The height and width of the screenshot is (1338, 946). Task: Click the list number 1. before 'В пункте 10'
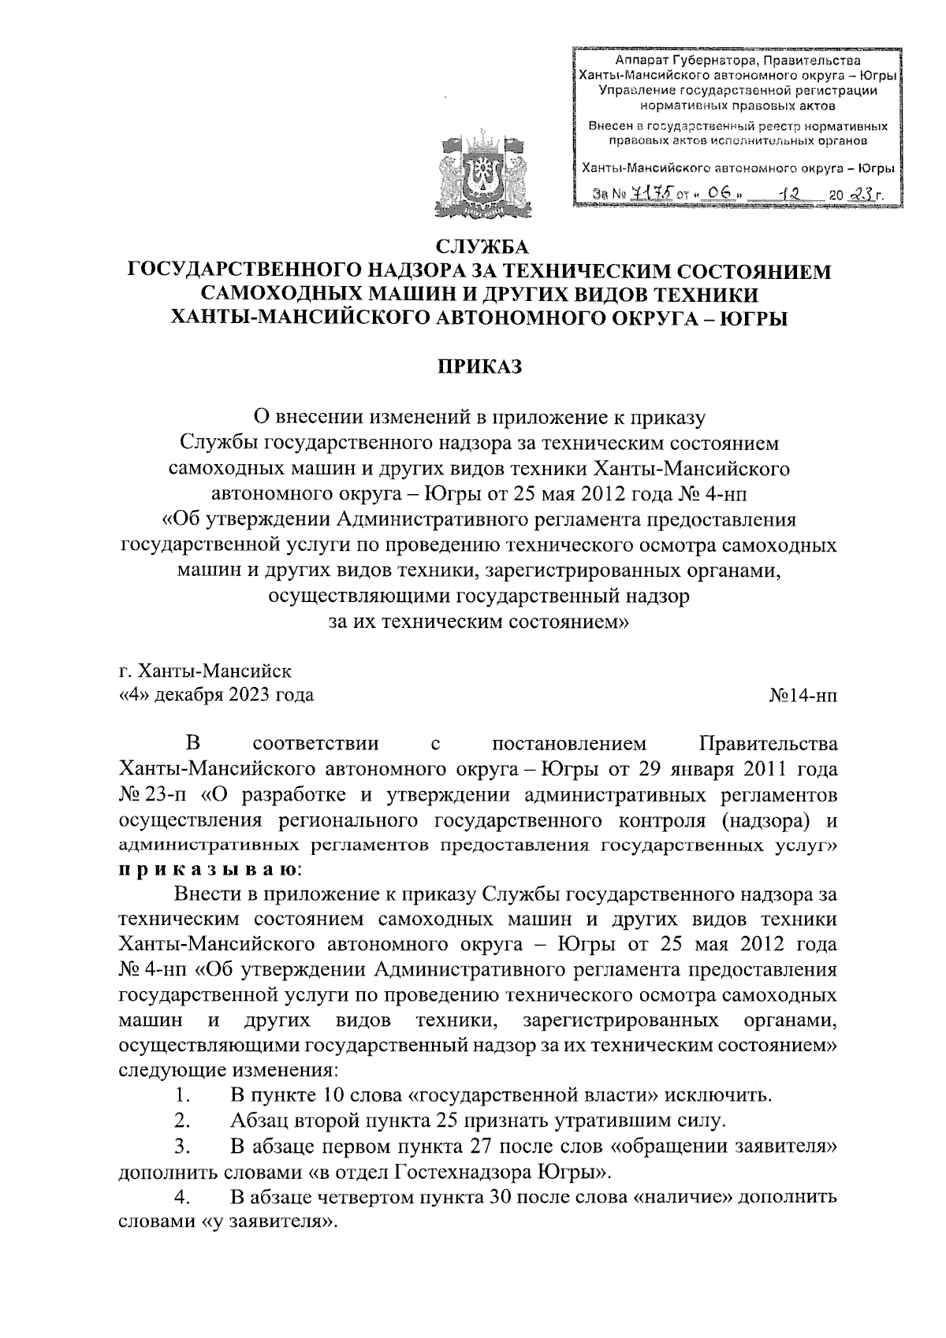(183, 1095)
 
